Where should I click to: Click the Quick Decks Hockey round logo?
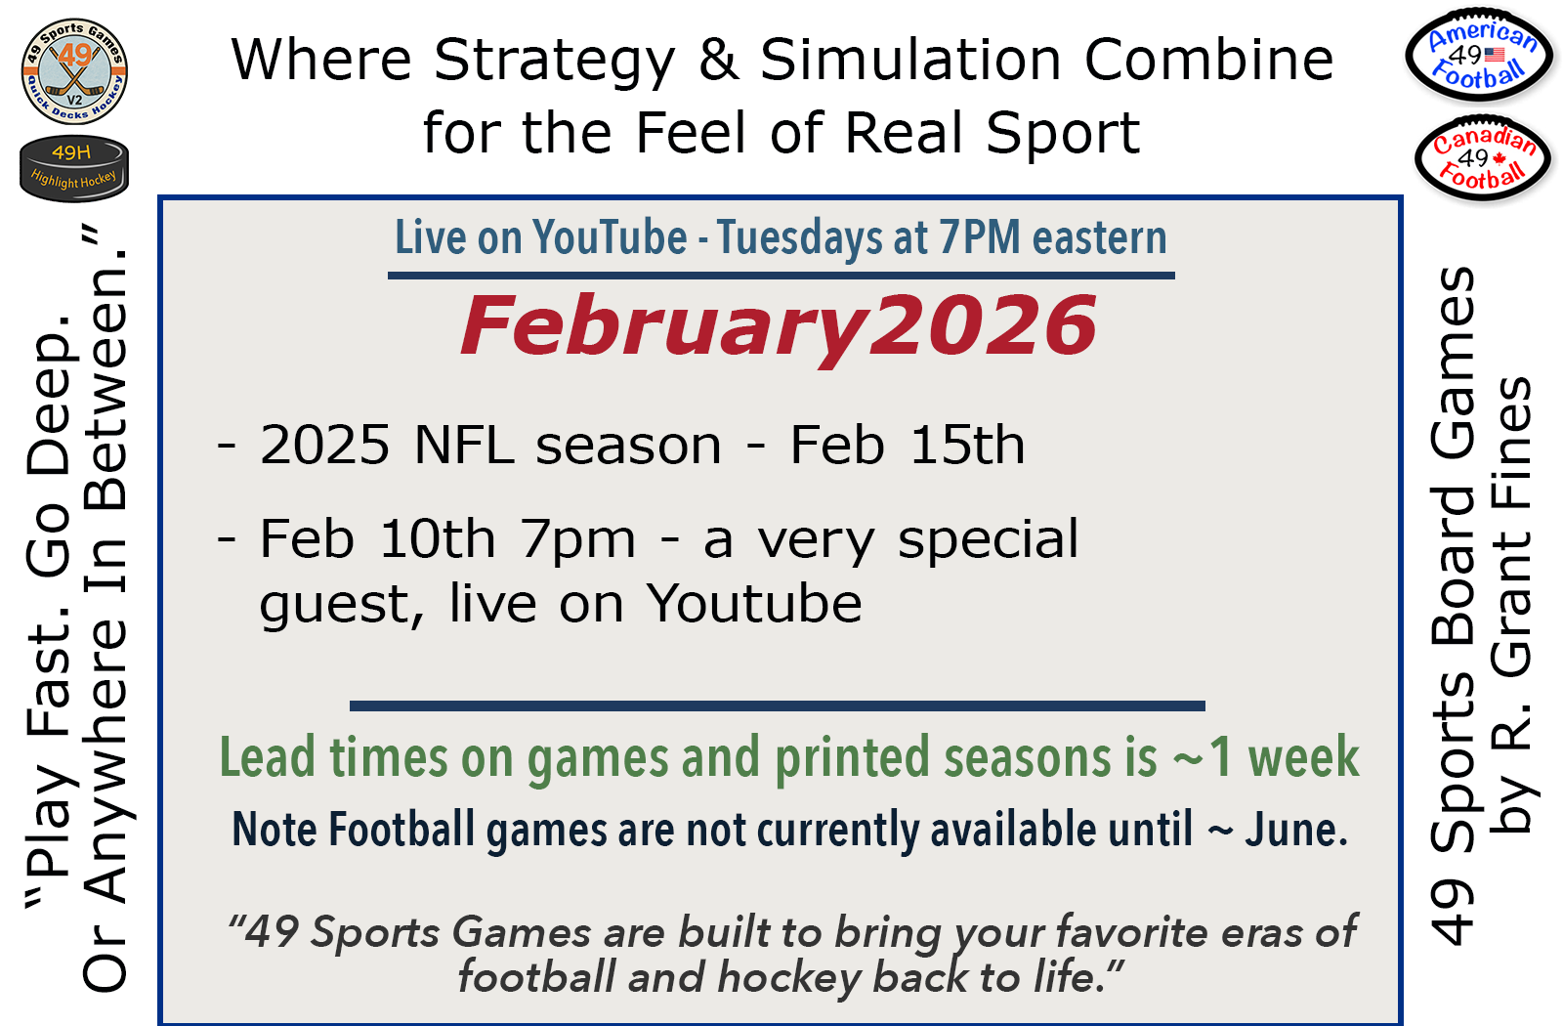pyautogui.click(x=74, y=71)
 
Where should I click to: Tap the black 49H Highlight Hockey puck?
pyautogui.click(x=74, y=168)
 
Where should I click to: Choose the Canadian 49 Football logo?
pyautogui.click(x=1484, y=157)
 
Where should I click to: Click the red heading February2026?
pyautogui.click(x=778, y=325)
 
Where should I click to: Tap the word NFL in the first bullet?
pyautogui.click(x=464, y=445)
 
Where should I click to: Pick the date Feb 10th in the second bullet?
pyautogui.click(x=377, y=538)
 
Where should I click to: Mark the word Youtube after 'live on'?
pyautogui.click(x=754, y=602)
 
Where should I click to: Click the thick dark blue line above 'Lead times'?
pyautogui.click(x=778, y=705)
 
